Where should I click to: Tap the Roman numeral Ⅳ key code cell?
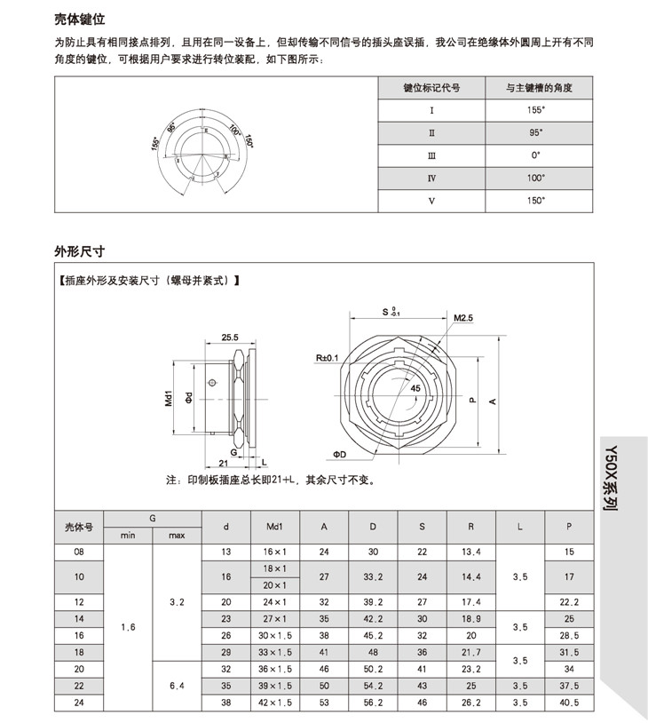coord(431,178)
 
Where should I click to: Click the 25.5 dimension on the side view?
coord(231,338)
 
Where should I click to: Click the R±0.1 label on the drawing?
coord(328,358)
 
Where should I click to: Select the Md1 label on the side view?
coord(169,397)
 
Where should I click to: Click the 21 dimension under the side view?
coord(224,464)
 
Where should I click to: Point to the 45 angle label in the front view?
coord(415,388)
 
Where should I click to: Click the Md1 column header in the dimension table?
coord(274,527)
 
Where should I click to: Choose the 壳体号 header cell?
coord(79,527)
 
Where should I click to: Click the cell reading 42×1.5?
coord(274,701)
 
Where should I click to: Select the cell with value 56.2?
coord(373,701)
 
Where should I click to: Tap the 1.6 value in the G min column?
coord(129,627)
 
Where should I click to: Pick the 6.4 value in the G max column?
coord(177,685)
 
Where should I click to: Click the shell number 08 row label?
coord(79,552)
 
